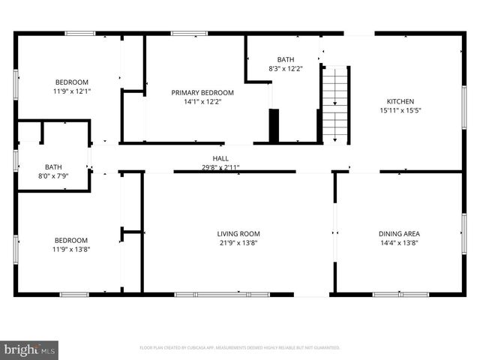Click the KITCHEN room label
[x=400, y=102]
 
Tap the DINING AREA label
[x=399, y=234]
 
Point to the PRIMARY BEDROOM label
[x=202, y=92]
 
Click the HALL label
[x=220, y=158]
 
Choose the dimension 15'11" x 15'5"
[x=400, y=111]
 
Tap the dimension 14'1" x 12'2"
[x=202, y=101]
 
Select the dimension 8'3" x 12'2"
[x=286, y=68]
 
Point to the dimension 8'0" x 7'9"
[x=53, y=176]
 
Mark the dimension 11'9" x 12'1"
[x=71, y=91]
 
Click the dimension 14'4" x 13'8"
[x=399, y=243]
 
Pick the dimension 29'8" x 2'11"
[x=220, y=167]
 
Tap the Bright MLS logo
[x=29, y=350]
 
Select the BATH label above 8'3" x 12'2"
[x=286, y=59]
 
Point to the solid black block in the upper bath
[x=274, y=124]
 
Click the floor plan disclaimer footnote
[x=240, y=348]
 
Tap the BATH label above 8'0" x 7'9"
[x=53, y=167]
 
